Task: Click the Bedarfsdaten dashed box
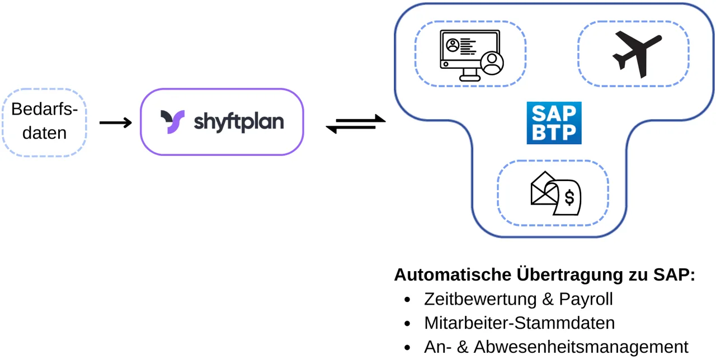pos(45,122)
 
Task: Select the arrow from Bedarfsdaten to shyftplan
pos(115,122)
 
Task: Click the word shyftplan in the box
pos(239,122)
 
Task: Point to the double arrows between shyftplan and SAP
pos(356,124)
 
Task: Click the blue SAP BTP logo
pos(554,123)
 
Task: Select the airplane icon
pos(637,54)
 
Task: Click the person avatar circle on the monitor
pos(492,63)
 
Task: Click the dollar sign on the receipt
pos(569,197)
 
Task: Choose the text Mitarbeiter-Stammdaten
pos(519,323)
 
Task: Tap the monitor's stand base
pos(469,79)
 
